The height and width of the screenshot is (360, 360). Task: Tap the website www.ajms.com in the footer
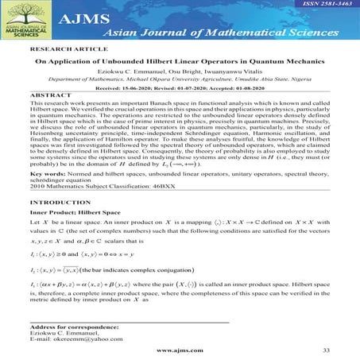pyautogui.click(x=176, y=350)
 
